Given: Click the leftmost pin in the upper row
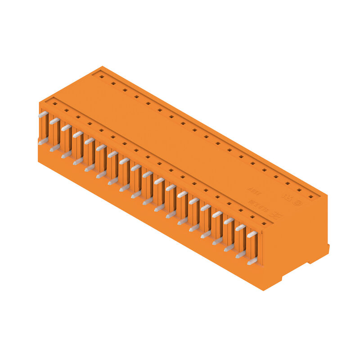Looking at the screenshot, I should [43, 114].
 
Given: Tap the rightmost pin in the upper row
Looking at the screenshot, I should [252, 234].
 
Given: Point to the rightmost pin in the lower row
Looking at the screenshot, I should [252, 261].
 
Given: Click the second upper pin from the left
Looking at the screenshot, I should [54, 121].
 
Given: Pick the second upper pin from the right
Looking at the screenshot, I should [240, 227].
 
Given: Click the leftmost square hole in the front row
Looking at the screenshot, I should [54, 103].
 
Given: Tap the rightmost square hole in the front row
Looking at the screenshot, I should [264, 223].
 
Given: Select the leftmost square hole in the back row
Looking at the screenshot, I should [102, 76].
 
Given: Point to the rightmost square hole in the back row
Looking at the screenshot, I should [310, 197].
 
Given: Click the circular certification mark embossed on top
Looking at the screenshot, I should [296, 202].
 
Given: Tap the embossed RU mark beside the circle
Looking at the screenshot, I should [286, 197].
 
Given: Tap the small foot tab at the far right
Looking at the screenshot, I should [327, 248].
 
